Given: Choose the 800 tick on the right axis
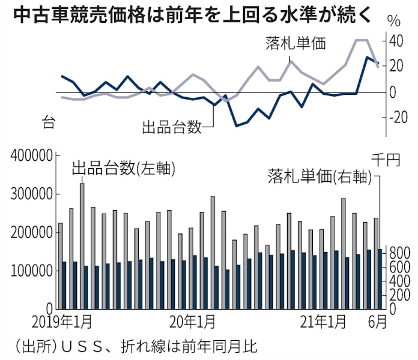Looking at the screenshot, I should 396,253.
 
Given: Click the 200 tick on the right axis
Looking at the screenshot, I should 396,295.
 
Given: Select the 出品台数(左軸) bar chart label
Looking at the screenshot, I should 123,169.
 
